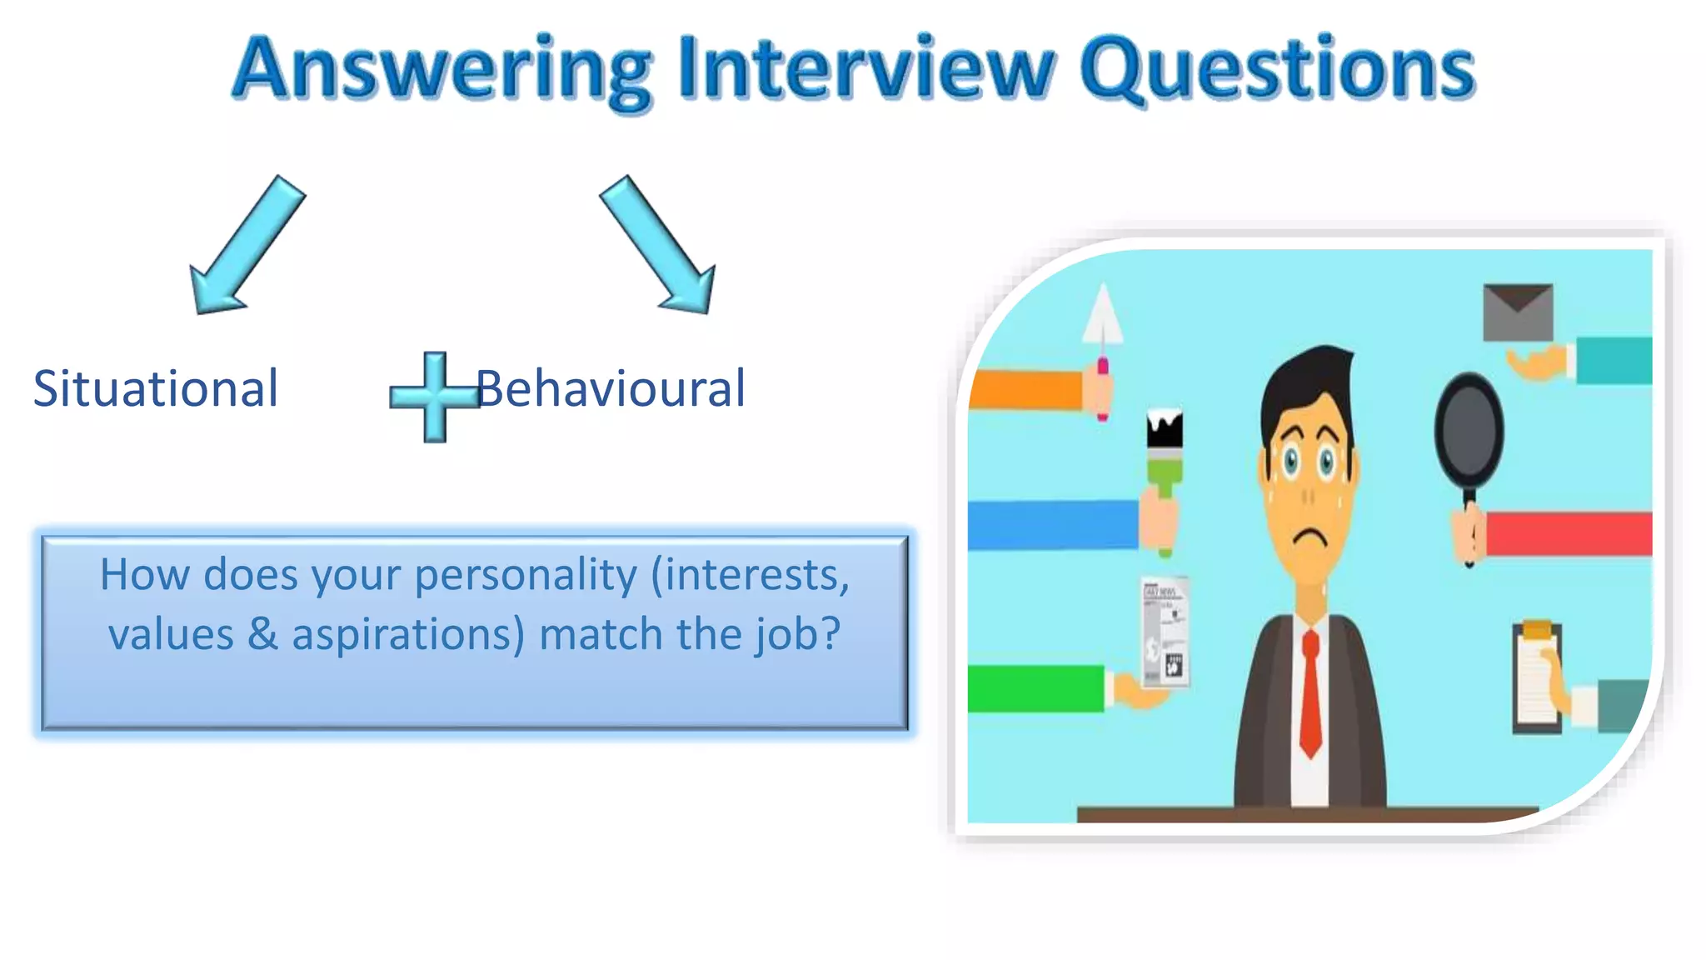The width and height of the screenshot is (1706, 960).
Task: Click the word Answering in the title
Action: [x=441, y=71]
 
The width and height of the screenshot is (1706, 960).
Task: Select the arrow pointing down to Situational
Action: [x=245, y=246]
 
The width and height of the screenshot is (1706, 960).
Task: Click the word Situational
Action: [x=156, y=388]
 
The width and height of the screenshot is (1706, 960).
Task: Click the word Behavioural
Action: [x=611, y=388]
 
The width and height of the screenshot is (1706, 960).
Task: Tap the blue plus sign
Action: [x=434, y=397]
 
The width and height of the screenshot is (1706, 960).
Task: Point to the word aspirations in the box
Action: [x=408, y=634]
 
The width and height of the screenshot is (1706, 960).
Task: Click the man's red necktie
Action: [x=1310, y=692]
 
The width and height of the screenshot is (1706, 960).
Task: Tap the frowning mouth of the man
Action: [x=1309, y=537]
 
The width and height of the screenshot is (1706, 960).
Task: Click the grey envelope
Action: [x=1518, y=312]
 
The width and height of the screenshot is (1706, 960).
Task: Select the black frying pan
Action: [x=1469, y=433]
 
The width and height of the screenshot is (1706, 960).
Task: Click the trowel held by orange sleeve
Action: [x=1102, y=333]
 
